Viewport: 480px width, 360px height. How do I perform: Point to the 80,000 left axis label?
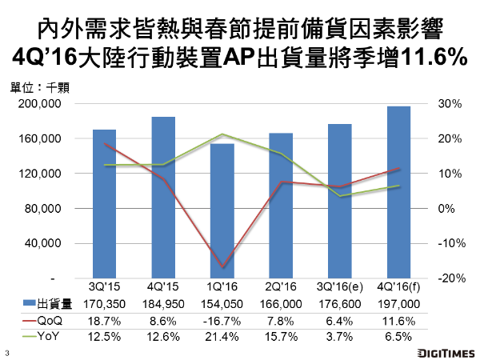pyautogui.click(x=48, y=208)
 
